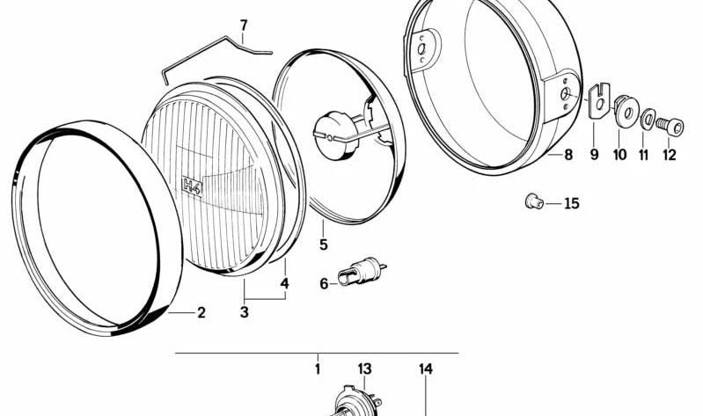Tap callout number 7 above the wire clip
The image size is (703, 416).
(244, 24)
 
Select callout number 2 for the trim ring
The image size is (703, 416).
(201, 312)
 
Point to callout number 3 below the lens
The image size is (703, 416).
(245, 312)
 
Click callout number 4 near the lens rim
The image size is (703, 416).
(284, 284)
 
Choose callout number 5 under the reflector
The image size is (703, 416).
(324, 244)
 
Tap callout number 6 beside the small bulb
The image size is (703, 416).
(324, 283)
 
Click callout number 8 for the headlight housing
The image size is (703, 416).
(568, 155)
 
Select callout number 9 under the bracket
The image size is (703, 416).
(594, 155)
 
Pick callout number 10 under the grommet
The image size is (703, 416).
(619, 155)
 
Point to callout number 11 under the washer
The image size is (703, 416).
(645, 155)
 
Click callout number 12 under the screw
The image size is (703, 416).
(670, 155)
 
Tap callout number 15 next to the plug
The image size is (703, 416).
(572, 204)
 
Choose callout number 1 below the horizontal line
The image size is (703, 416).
(318, 369)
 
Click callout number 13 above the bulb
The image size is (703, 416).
(365, 369)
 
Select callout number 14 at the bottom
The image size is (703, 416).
(426, 369)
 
